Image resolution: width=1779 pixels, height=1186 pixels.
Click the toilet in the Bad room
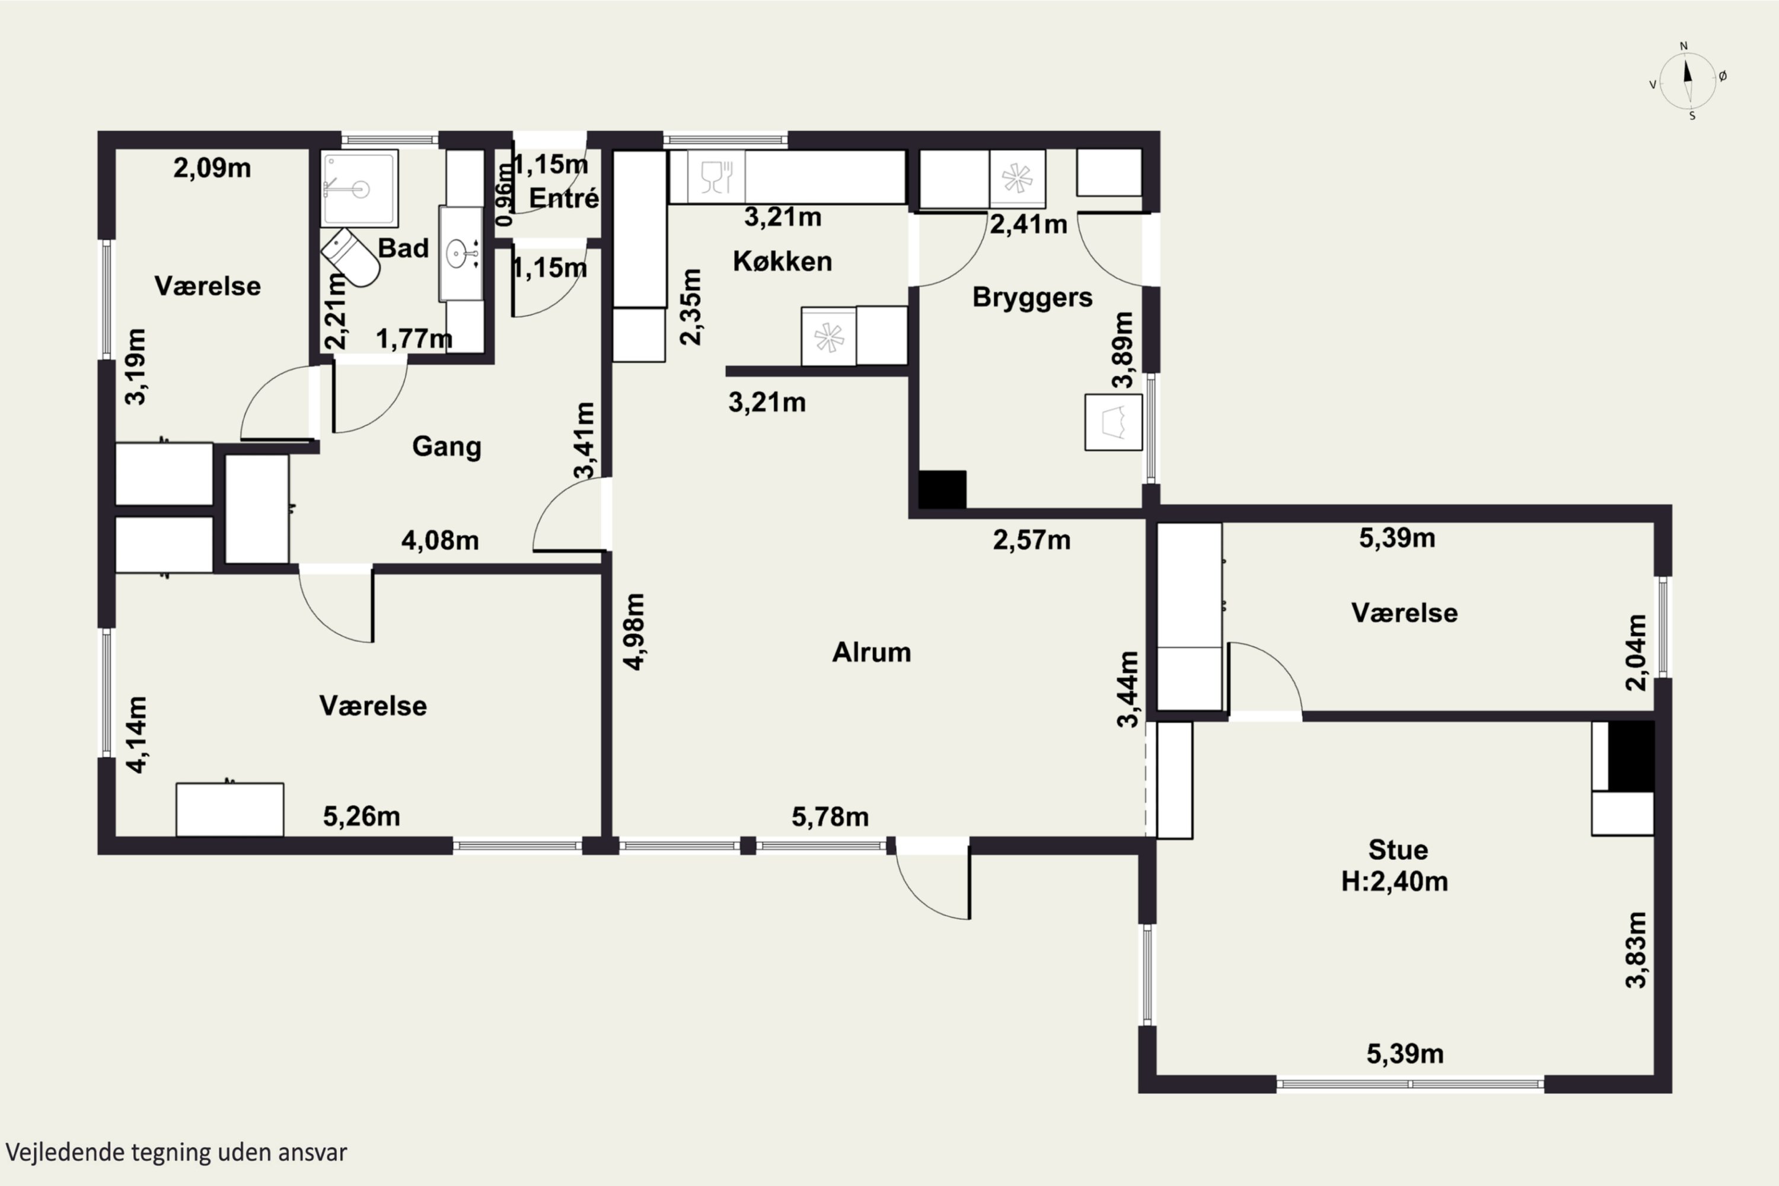[x=350, y=258]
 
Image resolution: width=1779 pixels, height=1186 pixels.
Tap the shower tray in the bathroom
[x=359, y=189]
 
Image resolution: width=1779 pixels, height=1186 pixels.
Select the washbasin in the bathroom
[x=461, y=253]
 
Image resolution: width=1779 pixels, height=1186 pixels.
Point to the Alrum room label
[x=871, y=652]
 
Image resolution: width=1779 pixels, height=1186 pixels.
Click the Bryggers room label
[x=1032, y=297]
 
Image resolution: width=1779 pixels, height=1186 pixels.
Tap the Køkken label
[x=782, y=261]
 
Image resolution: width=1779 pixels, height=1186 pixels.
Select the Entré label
[x=563, y=197]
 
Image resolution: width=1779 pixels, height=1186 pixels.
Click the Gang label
[x=447, y=447]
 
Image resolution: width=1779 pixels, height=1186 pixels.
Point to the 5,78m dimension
[x=830, y=817]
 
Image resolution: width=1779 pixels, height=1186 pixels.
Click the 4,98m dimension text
[x=634, y=632]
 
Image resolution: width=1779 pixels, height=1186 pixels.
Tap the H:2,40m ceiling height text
[x=1394, y=881]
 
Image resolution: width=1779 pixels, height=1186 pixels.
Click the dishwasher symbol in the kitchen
[x=716, y=177]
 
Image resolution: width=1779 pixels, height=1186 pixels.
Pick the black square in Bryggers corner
[x=942, y=489]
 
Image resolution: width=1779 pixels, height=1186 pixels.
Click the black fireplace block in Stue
[x=1631, y=755]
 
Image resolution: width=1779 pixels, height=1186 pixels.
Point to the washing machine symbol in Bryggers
[x=1114, y=422]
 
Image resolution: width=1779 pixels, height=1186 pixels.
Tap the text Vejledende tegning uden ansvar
[x=176, y=1152]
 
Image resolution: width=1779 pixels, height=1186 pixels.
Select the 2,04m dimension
[x=1635, y=652]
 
